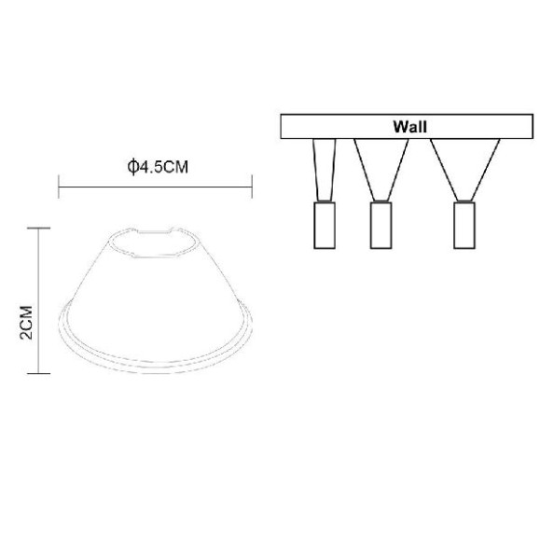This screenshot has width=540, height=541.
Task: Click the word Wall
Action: (410, 124)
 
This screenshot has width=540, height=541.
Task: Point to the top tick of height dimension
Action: (37, 228)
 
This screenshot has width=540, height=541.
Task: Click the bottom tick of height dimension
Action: (37, 373)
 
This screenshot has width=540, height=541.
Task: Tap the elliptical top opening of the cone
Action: (155, 240)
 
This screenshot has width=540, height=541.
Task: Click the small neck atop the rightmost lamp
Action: (463, 197)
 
